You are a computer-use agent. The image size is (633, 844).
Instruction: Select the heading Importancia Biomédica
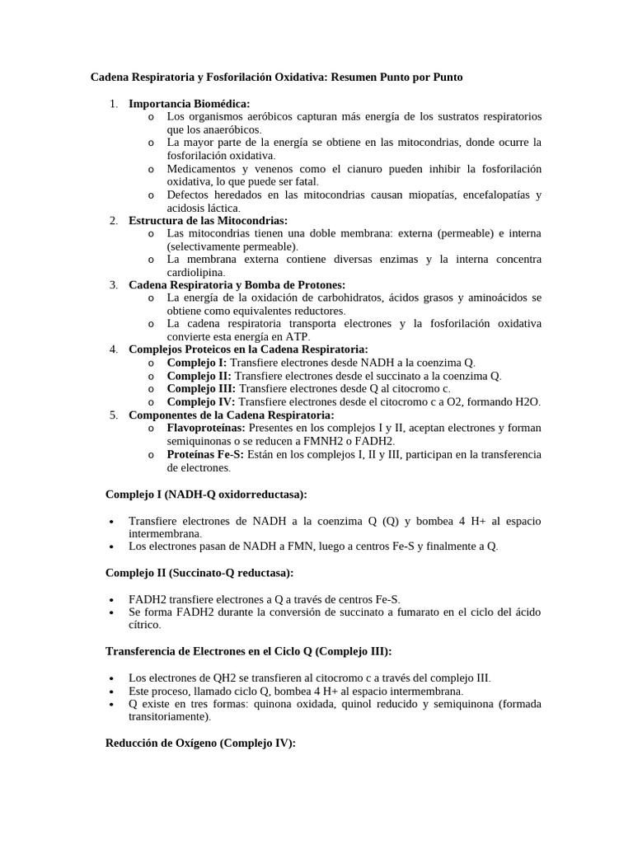click(x=183, y=103)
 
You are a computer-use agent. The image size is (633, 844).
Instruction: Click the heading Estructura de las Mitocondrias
click(x=208, y=220)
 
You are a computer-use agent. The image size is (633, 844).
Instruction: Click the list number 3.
click(x=113, y=284)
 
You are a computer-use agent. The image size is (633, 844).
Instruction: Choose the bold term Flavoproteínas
click(x=205, y=428)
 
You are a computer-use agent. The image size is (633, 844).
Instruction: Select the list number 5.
click(x=113, y=415)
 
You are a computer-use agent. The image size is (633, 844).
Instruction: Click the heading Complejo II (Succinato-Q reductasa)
click(x=199, y=572)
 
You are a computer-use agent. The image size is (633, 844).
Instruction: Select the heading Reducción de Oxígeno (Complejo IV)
click(x=200, y=743)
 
